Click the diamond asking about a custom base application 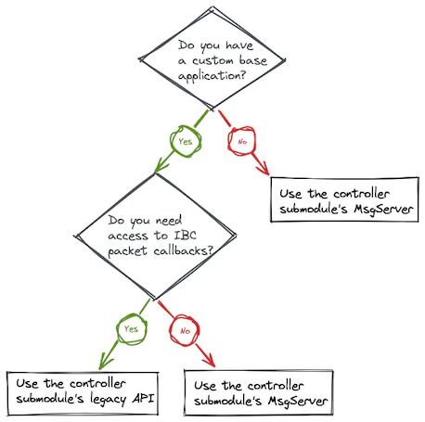(212, 58)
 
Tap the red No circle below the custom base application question (241, 143)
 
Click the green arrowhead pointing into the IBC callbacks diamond (159, 168)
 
